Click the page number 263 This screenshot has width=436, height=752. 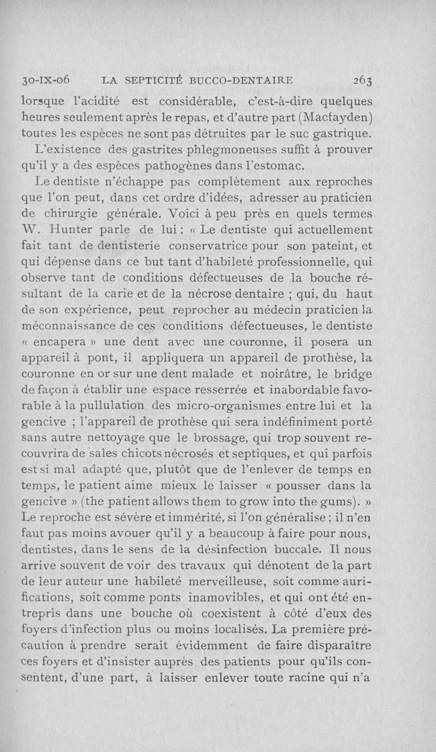[x=362, y=80]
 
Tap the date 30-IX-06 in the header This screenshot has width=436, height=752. [x=46, y=80]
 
